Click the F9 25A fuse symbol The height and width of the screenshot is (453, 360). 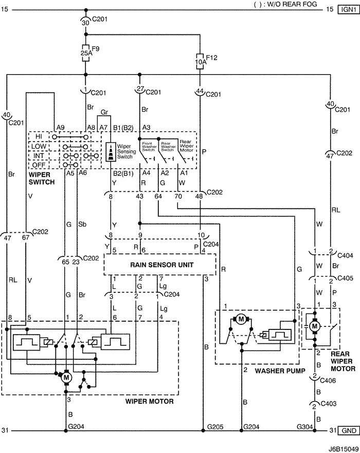tap(85, 53)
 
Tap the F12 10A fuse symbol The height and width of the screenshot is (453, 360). tap(200, 61)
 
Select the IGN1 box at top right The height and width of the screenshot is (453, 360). tap(349, 10)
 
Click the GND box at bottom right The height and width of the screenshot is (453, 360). tap(349, 430)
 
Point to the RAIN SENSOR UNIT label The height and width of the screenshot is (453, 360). tap(161, 265)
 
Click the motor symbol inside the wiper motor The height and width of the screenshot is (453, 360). tap(67, 377)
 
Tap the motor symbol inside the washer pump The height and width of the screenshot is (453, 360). tap(241, 319)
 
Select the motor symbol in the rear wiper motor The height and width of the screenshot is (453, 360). tap(314, 326)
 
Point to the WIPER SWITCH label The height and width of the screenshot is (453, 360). tap(42, 178)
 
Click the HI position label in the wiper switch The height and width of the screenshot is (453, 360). tap(39, 136)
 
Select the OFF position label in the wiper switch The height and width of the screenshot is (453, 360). tap(39, 165)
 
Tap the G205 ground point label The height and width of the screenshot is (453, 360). tap(215, 426)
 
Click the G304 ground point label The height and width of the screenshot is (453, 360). tap(305, 426)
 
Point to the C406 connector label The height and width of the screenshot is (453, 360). tap(328, 380)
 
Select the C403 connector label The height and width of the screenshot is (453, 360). tap(329, 403)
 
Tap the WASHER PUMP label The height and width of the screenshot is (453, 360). tap(280, 371)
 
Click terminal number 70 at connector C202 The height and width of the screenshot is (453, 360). tap(178, 196)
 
